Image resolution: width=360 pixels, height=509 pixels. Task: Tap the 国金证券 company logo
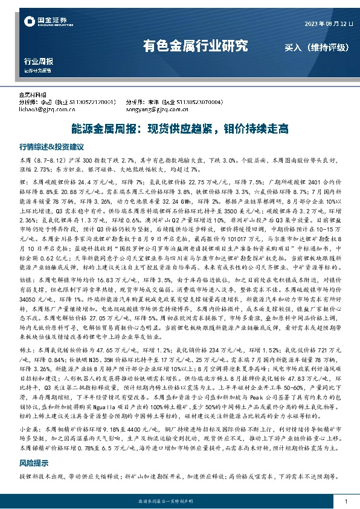tap(42, 23)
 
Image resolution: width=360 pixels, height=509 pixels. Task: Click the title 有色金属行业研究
tap(195, 45)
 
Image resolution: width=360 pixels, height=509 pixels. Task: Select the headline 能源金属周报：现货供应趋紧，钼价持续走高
tap(179, 129)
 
